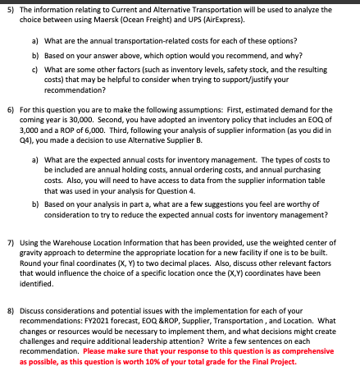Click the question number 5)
tap(11, 11)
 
